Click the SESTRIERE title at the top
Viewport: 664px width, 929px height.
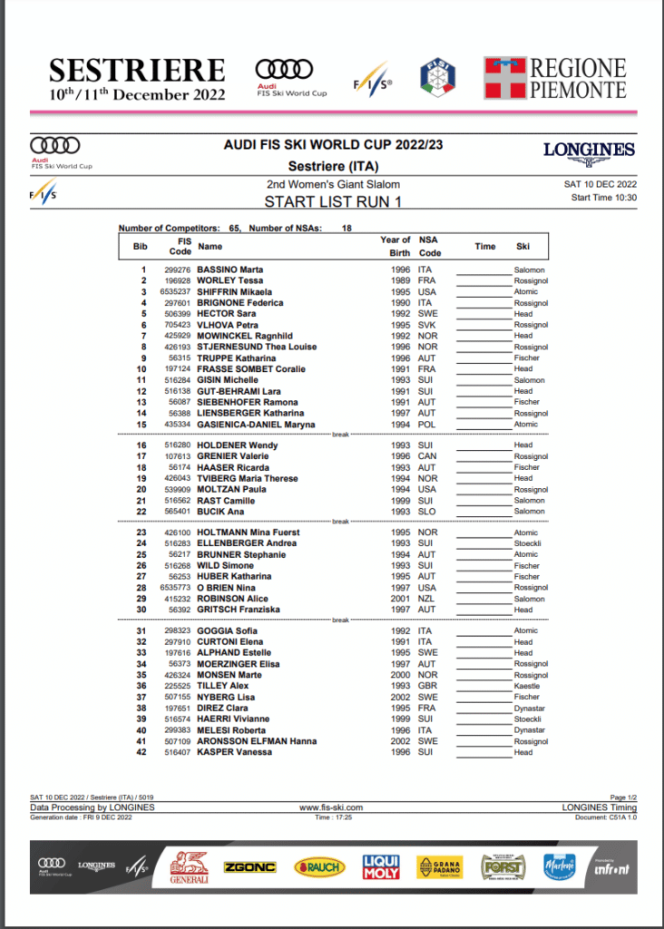(136, 71)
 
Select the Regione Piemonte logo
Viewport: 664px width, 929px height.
(554, 78)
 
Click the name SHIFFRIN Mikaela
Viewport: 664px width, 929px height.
(234, 292)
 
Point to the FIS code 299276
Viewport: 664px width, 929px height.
(177, 270)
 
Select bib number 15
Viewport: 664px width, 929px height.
(141, 425)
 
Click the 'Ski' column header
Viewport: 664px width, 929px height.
(523, 246)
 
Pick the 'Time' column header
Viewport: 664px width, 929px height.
(485, 246)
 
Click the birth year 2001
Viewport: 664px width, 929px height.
(400, 599)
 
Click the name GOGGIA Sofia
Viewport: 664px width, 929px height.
(228, 631)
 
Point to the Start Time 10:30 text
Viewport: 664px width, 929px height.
(604, 197)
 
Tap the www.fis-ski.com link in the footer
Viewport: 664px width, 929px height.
(331, 807)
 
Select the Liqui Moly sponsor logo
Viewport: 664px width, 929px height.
(380, 866)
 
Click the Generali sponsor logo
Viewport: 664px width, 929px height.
(190, 867)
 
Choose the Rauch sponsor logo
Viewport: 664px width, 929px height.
(319, 867)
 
